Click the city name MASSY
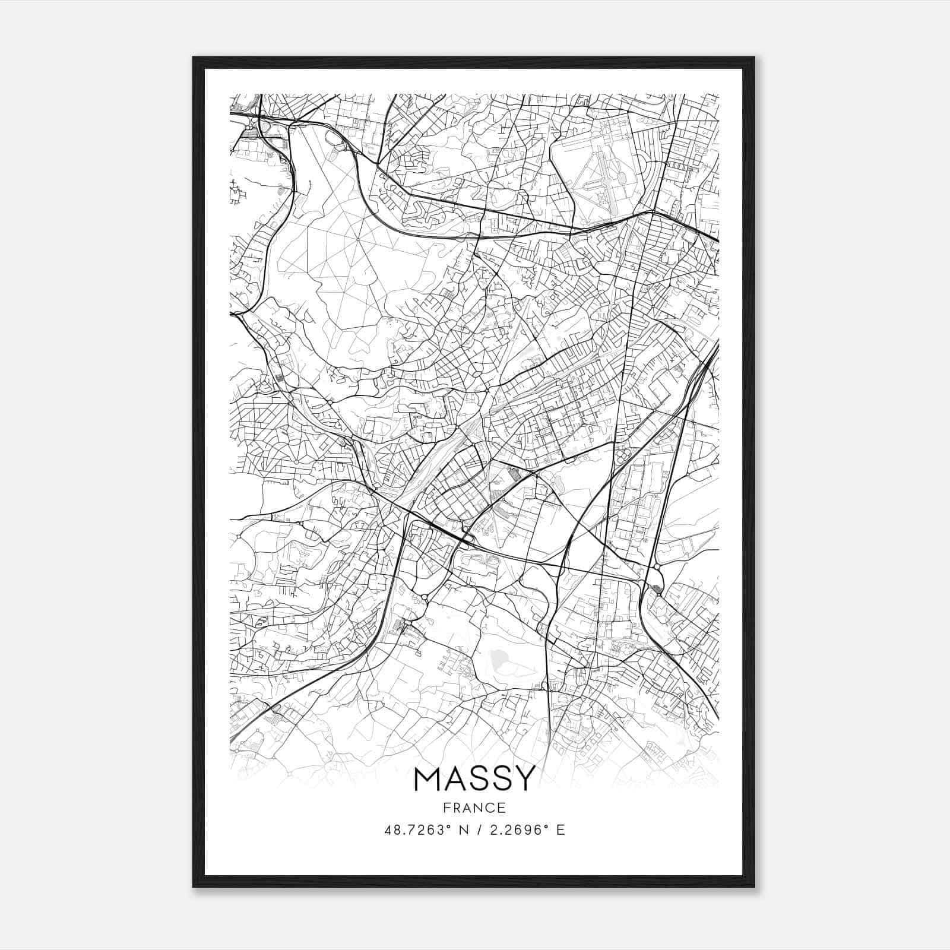[474, 779]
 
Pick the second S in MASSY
[498, 779]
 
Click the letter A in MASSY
[452, 779]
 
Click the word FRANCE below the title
[474, 808]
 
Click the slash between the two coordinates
[474, 829]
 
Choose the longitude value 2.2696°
[515, 829]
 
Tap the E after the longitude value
[560, 829]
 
